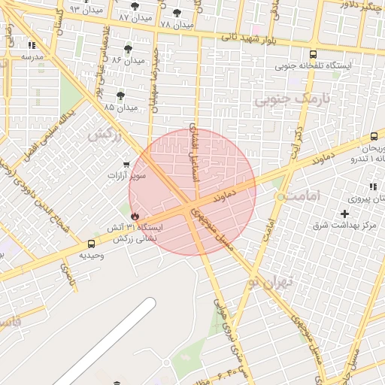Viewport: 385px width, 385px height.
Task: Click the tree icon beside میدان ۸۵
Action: tap(120, 95)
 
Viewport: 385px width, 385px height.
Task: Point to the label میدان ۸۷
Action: tap(135, 17)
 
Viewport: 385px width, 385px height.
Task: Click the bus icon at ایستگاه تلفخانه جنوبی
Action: tap(313, 54)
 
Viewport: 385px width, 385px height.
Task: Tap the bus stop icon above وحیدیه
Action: tap(91, 244)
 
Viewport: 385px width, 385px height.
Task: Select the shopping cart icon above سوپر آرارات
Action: tap(126, 164)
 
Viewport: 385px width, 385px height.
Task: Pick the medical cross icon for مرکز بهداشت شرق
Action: tap(345, 215)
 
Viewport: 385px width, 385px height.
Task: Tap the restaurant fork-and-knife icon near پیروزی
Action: tap(371, 186)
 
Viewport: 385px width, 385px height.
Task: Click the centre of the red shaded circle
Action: tap(192, 192)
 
